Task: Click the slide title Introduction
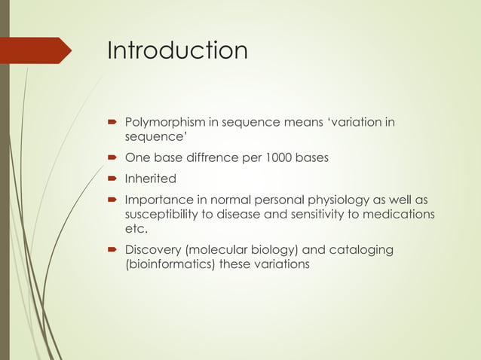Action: coord(177,50)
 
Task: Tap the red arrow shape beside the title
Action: coord(38,50)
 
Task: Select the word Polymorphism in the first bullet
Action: coord(160,121)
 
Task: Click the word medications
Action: coord(400,215)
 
